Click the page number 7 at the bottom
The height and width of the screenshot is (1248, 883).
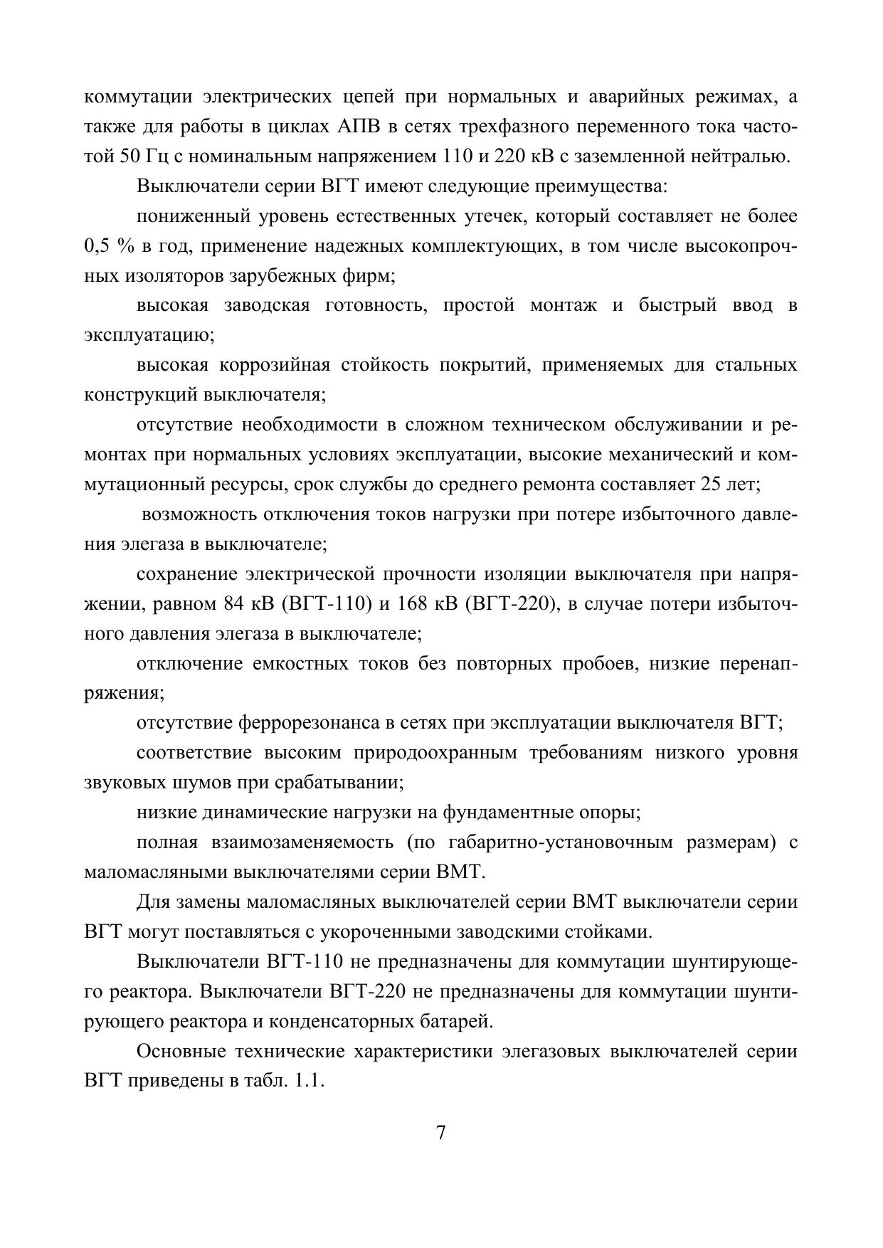pos(440,1132)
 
